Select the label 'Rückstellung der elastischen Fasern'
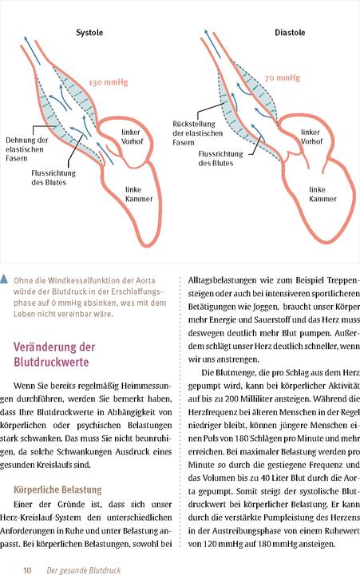point(193,133)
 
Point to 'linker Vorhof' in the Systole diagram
point(134,136)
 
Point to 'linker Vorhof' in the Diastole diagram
point(311,136)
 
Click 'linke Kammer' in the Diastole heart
point(322,194)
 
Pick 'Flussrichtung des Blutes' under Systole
point(54,176)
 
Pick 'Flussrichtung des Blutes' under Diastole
point(227,157)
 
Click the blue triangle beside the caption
point(6,280)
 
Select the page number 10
point(26,569)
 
